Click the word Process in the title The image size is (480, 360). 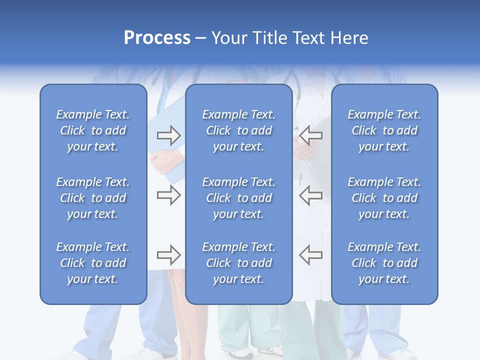pyautogui.click(x=157, y=38)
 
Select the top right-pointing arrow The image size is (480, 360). pyautogui.click(x=168, y=135)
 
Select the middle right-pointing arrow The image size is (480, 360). pyautogui.click(x=168, y=195)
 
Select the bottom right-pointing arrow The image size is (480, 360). pyautogui.click(x=168, y=255)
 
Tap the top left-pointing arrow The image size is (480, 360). pyautogui.click(x=311, y=135)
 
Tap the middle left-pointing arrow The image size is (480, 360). pyautogui.click(x=311, y=195)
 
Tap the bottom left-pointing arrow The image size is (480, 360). pyautogui.click(x=311, y=255)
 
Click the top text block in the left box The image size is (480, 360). pyautogui.click(x=93, y=130)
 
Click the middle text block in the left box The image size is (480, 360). pyautogui.click(x=93, y=198)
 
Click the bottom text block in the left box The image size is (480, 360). pyautogui.click(x=93, y=263)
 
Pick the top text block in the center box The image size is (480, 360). pyautogui.click(x=238, y=130)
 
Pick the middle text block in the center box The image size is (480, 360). pyautogui.click(x=238, y=198)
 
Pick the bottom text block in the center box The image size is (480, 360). pyautogui.click(x=238, y=263)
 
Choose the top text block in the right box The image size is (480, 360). pyautogui.click(x=384, y=130)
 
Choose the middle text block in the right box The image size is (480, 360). pyautogui.click(x=384, y=198)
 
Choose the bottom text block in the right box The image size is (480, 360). pyautogui.click(x=384, y=263)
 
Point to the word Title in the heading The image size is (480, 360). pyautogui.click(x=270, y=38)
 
